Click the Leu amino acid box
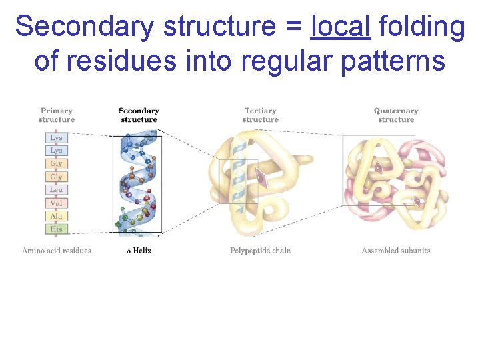(56, 190)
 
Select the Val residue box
(56, 203)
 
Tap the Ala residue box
(56, 216)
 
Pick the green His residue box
(56, 229)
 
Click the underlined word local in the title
(341, 27)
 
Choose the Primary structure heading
(57, 115)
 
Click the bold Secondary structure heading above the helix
(139, 115)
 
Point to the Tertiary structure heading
(260, 115)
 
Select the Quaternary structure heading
(396, 115)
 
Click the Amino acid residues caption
(57, 251)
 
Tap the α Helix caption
(139, 251)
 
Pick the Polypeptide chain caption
(260, 251)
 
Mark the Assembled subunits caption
(396, 251)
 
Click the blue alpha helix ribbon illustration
(139, 183)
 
